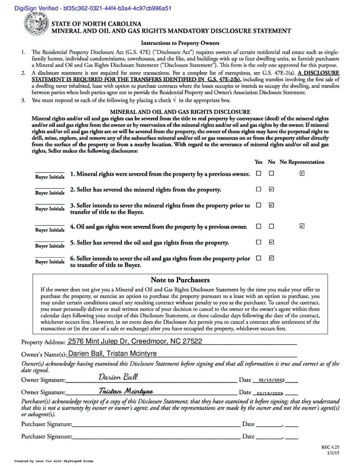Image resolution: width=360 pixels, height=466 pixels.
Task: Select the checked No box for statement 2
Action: [272, 189]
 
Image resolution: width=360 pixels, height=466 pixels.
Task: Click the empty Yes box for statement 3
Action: [259, 205]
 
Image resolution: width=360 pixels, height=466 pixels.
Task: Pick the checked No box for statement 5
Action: [272, 242]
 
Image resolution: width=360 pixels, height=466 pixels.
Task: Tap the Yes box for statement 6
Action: [259, 258]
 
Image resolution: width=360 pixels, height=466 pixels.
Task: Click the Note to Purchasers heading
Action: [180, 280]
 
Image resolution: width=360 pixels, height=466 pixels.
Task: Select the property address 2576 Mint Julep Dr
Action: [135, 341]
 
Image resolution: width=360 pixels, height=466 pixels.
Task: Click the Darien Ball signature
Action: [118, 377]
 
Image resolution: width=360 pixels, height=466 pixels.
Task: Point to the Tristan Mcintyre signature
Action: [126, 391]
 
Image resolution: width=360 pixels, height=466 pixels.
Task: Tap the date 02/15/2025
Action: [271, 380]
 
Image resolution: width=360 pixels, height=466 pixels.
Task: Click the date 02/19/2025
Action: [270, 393]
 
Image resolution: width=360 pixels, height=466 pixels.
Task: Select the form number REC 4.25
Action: [330, 447]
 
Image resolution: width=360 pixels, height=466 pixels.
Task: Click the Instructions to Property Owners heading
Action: [180, 43]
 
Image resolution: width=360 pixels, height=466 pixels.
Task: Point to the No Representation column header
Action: [302, 162]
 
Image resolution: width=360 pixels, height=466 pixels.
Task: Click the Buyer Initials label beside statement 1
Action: [50, 177]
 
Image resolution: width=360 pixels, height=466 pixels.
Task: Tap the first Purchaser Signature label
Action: [46, 424]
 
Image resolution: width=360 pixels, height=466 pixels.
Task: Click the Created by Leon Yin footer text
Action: [54, 461]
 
